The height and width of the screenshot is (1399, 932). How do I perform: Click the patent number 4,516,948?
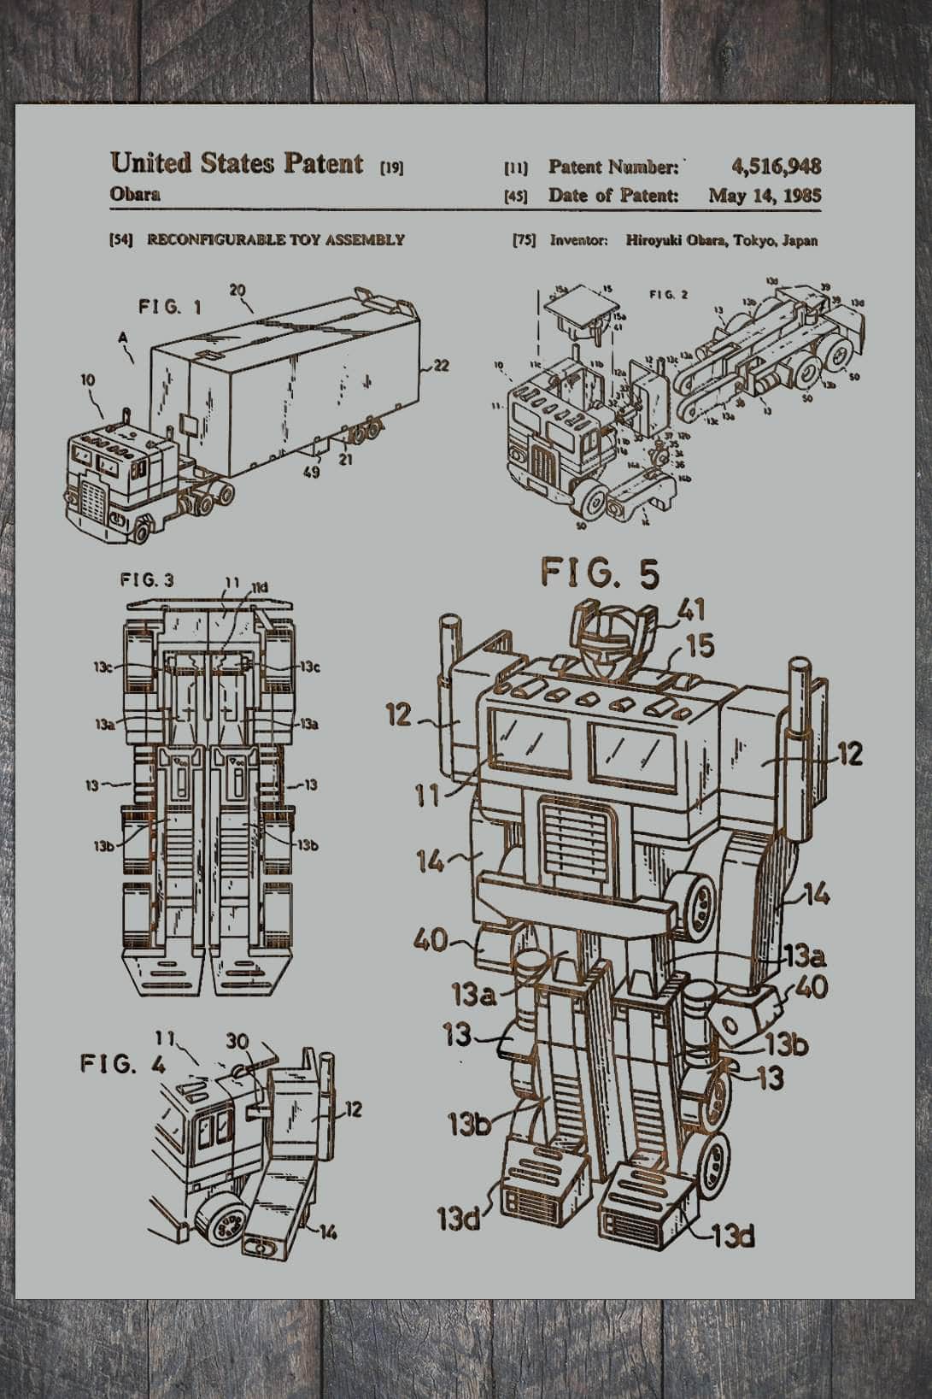[x=776, y=167]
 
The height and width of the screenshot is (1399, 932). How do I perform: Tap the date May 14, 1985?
[x=764, y=196]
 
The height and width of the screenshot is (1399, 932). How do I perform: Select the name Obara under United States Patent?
[x=135, y=193]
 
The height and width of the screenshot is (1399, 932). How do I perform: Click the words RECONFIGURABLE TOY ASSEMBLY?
[x=276, y=240]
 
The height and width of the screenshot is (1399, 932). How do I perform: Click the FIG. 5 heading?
[x=600, y=573]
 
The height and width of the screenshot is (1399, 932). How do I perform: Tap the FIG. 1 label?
[x=170, y=307]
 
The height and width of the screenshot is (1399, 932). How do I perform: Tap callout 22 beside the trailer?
[x=441, y=366]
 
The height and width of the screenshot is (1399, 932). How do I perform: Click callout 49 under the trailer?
[x=312, y=471]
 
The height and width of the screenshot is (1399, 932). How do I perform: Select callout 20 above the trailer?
[x=237, y=291]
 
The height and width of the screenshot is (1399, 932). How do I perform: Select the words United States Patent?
[x=237, y=162]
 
